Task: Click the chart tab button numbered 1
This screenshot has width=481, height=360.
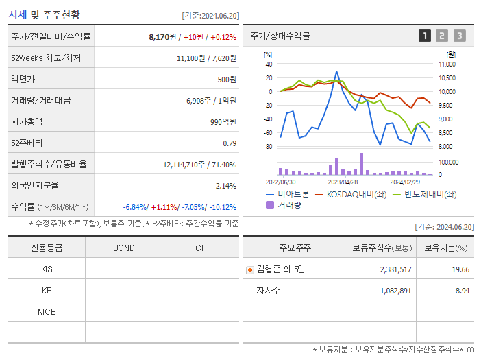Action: (425, 36)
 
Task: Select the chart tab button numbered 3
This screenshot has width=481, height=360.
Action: (459, 36)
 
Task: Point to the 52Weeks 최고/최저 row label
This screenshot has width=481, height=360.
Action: (46, 58)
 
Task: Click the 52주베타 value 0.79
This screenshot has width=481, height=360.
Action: (230, 143)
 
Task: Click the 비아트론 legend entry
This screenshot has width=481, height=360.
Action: (287, 195)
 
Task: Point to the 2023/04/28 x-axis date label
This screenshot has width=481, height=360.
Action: (343, 182)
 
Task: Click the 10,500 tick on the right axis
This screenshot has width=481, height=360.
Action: (446, 77)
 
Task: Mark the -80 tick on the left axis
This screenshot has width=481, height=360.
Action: (268, 147)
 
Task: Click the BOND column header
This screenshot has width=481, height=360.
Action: (123, 248)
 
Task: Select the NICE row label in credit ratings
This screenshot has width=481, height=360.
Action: (47, 311)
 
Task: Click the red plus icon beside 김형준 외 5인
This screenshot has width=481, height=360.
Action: (249, 269)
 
